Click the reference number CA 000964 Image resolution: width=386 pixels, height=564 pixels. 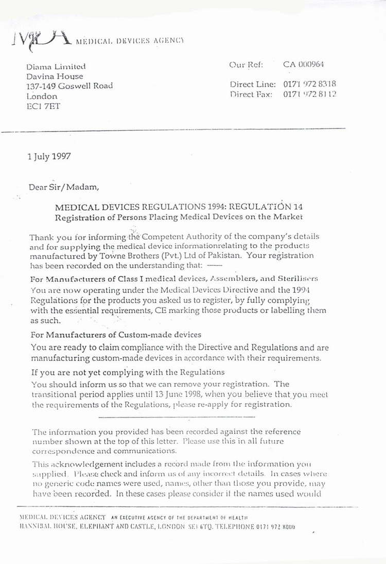(303, 65)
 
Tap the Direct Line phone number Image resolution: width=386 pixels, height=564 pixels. (310, 84)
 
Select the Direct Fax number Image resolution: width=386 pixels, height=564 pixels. (310, 95)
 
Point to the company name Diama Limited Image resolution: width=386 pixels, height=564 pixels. (56, 66)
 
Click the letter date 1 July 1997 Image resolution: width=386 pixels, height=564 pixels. (49, 156)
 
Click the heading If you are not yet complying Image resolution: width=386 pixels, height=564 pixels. (128, 372)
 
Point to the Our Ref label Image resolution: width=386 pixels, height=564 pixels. (246, 65)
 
